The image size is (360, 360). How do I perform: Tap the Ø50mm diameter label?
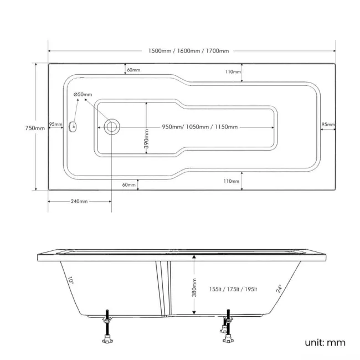click(83, 95)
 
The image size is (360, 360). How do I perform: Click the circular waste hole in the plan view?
click(111, 127)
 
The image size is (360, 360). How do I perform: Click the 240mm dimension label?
click(79, 201)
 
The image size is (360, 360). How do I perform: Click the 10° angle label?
click(71, 281)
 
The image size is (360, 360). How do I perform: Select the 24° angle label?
click(279, 289)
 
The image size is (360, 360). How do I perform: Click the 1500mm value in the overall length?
click(160, 51)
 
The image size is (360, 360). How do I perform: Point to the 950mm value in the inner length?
click(172, 127)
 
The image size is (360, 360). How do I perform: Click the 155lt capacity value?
click(217, 289)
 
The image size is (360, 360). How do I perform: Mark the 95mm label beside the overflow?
click(55, 124)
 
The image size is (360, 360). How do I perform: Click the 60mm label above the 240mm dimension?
click(128, 184)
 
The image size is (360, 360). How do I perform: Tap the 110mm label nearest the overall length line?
click(233, 72)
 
